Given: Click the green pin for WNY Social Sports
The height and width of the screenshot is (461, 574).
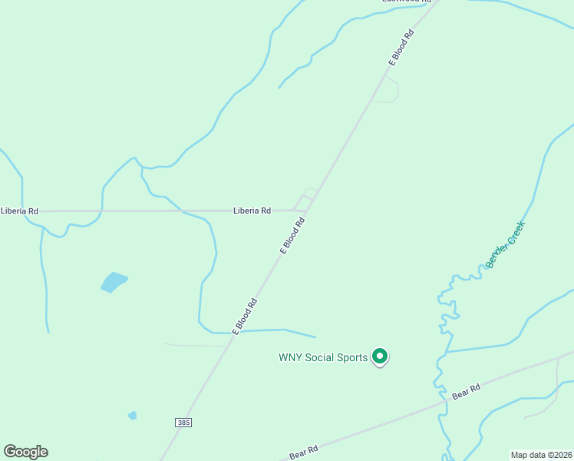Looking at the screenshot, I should point(379,357).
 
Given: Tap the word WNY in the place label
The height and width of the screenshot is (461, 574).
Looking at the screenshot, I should point(290,357).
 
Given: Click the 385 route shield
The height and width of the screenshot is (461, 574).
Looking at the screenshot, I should point(183,423).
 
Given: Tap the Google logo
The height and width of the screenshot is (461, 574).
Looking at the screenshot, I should point(25,452).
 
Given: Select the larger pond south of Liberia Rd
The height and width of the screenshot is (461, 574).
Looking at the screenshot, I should point(114,282).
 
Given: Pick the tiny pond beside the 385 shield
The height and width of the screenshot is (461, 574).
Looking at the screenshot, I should point(133,416).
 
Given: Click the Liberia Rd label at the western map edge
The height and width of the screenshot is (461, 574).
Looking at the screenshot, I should point(19,211).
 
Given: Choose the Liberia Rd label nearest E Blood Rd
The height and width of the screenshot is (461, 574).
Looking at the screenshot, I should point(252,211).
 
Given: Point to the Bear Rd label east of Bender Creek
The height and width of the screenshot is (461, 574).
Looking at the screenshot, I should point(466,392).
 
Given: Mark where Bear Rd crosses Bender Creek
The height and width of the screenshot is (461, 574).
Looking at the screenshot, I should point(443,402).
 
